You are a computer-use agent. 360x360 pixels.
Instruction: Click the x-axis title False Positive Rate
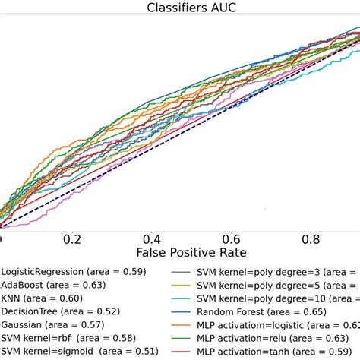click(x=191, y=251)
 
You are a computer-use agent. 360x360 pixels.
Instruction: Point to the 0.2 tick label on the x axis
click(x=71, y=238)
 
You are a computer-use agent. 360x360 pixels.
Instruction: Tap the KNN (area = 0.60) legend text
click(x=42, y=298)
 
